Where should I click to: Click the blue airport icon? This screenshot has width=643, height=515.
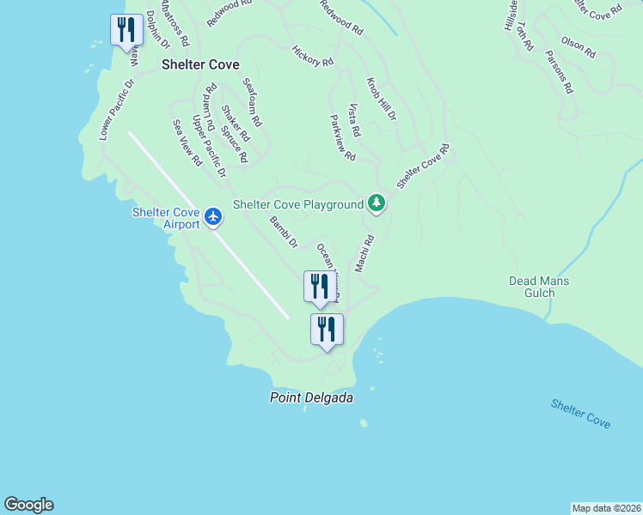[x=213, y=218]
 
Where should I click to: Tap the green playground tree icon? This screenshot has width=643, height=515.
[x=376, y=203]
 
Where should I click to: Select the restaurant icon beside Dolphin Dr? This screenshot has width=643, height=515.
[x=126, y=30]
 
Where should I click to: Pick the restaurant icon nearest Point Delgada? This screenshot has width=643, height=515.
[x=327, y=330]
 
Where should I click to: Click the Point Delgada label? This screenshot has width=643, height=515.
[x=311, y=397]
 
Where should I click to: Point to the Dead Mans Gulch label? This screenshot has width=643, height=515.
[x=539, y=287]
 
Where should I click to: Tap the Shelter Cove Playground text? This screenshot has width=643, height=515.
[x=298, y=205]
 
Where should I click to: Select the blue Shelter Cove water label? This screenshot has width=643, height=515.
[x=581, y=414]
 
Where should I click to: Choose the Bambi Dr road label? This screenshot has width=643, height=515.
[x=283, y=233]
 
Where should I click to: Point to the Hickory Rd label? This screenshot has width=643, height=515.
[x=312, y=57]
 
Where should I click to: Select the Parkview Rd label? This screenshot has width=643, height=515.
[x=342, y=139]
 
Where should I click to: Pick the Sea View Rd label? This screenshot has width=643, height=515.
[x=187, y=142]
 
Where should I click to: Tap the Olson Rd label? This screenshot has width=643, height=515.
[x=578, y=46]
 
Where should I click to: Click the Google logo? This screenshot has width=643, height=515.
[x=28, y=505]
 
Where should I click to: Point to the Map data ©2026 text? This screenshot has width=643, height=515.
[x=606, y=508]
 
